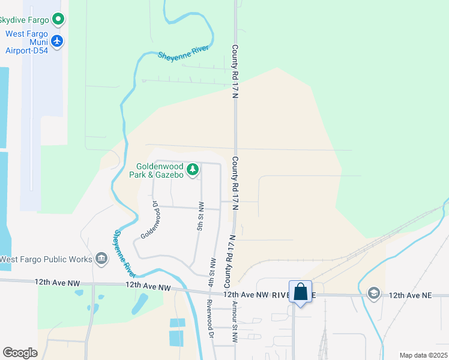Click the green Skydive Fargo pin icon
[x=58, y=20]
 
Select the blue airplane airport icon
[x=58, y=40]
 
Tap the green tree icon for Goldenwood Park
[x=192, y=170]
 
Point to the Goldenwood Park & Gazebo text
[x=155, y=170]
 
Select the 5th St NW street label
[x=200, y=220]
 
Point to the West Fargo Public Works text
[x=46, y=259]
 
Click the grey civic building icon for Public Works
[x=101, y=259]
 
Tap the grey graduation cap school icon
[x=374, y=293]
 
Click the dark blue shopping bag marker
[x=300, y=292]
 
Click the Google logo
[x=20, y=352]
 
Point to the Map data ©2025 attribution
[x=423, y=355]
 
